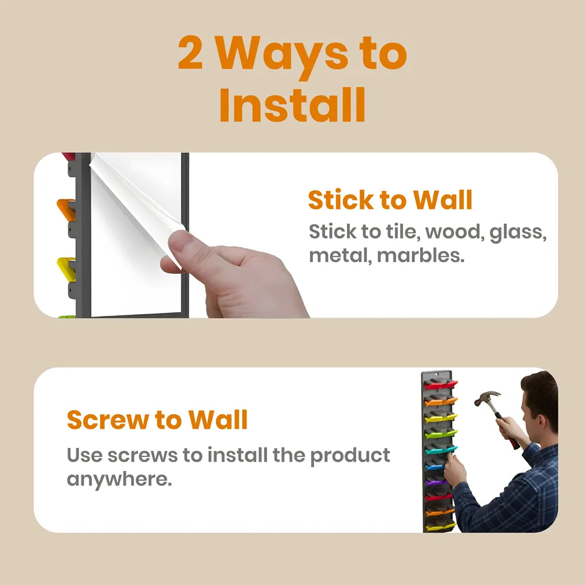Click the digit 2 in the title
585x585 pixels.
click(x=190, y=53)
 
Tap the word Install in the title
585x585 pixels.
click(x=292, y=105)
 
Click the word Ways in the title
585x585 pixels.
click(x=282, y=56)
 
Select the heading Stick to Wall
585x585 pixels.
click(x=390, y=200)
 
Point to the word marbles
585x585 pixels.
click(x=421, y=256)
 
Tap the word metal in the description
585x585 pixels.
click(x=340, y=256)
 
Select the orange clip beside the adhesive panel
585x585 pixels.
click(x=66, y=209)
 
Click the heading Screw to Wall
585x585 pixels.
click(x=157, y=419)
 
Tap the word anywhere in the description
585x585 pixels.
click(x=119, y=480)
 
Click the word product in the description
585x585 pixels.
click(x=350, y=456)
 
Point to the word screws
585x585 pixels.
click(x=143, y=456)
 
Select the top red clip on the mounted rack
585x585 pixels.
click(x=441, y=385)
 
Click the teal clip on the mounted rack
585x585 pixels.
click(x=441, y=450)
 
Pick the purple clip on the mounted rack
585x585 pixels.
click(x=436, y=483)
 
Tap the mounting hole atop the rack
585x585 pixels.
click(x=437, y=374)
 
